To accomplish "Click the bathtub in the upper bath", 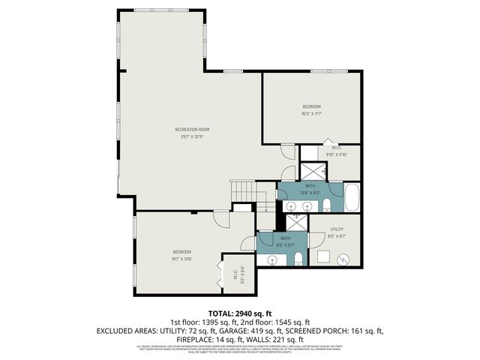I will point(353,198).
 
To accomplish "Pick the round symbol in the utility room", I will point(343,259).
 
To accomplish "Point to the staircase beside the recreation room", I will point(243,193).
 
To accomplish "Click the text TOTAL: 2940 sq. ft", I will point(239,313).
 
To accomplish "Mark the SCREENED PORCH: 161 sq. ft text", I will point(340,330).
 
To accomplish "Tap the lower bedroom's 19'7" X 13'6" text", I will point(182,259).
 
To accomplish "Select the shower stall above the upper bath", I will point(313,170).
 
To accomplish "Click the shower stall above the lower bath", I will point(295,222).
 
